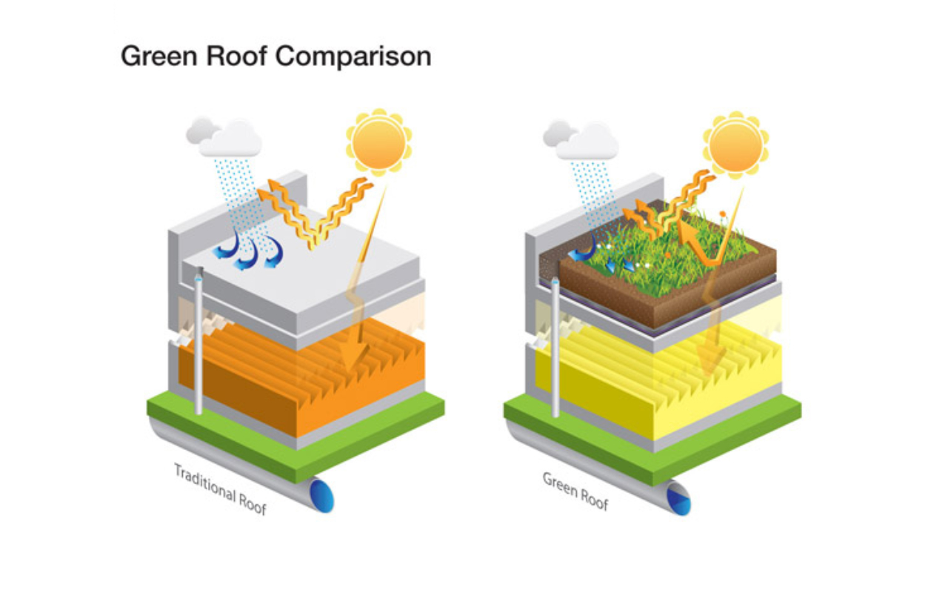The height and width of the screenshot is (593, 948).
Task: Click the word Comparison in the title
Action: pyautogui.click(x=353, y=57)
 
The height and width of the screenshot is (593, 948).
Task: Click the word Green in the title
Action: pyautogui.click(x=159, y=56)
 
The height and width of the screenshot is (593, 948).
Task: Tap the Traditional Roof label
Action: pyautogui.click(x=221, y=488)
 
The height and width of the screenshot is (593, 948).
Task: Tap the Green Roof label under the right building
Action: pyautogui.click(x=575, y=491)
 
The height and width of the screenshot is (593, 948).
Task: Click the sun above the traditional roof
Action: pyautogui.click(x=378, y=142)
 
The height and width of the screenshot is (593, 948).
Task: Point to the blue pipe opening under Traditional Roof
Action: pyautogui.click(x=322, y=494)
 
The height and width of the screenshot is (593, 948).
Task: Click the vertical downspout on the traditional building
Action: pyautogui.click(x=198, y=342)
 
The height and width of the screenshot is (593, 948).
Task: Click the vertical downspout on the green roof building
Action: pyautogui.click(x=555, y=348)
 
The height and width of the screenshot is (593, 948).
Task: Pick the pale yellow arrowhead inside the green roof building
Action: pyautogui.click(x=711, y=360)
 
